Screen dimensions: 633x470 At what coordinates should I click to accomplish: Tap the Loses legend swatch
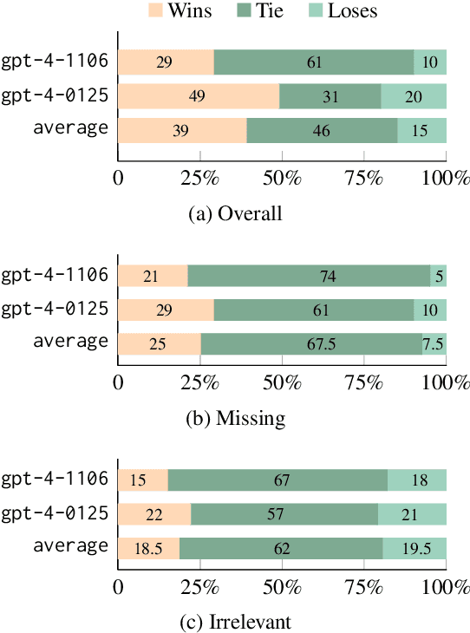coord(317,12)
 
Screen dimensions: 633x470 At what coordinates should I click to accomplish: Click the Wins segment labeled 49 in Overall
coord(199,96)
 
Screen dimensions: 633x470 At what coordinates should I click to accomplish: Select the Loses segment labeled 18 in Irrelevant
coord(416,480)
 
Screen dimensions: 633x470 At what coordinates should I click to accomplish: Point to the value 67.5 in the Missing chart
coord(311,343)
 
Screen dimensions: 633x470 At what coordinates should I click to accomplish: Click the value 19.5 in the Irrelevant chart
coord(415,548)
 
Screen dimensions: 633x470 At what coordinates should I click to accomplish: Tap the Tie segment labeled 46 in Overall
coord(323,130)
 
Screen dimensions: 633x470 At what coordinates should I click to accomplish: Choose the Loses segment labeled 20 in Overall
coord(414,96)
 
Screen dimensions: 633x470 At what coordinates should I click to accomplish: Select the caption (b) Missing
coord(235,418)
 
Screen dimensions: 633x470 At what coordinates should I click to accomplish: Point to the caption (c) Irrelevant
coord(235,623)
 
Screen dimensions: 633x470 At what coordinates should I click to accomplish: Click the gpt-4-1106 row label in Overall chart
coord(55,62)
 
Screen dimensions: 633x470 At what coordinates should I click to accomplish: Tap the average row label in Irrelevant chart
coord(71,547)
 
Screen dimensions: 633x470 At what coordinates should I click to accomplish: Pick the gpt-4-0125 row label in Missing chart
coord(55,309)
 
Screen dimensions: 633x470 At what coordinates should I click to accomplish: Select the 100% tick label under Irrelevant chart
coord(446,588)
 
